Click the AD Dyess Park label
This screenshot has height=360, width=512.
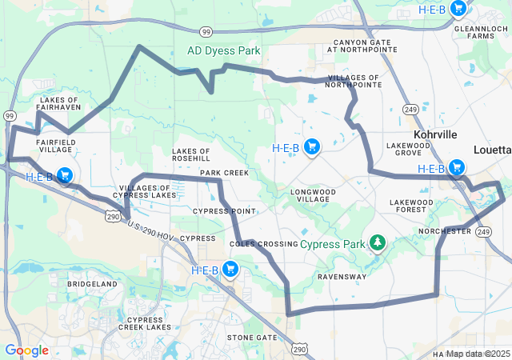224,50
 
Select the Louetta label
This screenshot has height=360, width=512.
491,150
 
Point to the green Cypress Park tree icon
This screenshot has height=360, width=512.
377,242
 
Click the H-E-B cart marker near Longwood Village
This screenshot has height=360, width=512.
313,146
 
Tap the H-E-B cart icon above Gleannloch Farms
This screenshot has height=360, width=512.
458,9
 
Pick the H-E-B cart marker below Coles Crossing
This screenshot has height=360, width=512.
231,269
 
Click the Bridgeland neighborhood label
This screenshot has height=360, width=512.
93,284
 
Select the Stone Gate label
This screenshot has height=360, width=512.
251,338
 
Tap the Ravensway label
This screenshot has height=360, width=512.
342,277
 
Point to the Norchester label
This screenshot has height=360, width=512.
445,230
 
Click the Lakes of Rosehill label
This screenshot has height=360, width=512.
191,154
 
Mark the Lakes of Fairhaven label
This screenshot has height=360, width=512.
58,105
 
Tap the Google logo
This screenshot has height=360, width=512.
26,350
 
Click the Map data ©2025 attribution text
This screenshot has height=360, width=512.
478,354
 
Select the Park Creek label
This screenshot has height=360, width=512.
224,173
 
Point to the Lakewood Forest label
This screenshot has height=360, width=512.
411,206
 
